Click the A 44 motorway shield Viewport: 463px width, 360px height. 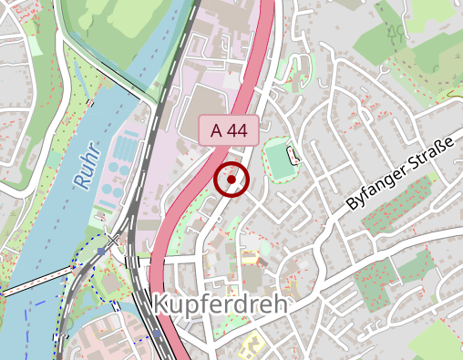[x=230, y=131]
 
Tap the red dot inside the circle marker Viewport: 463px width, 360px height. [x=232, y=180]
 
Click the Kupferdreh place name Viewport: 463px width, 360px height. [x=220, y=304]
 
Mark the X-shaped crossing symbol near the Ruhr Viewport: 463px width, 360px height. [x=113, y=241]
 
